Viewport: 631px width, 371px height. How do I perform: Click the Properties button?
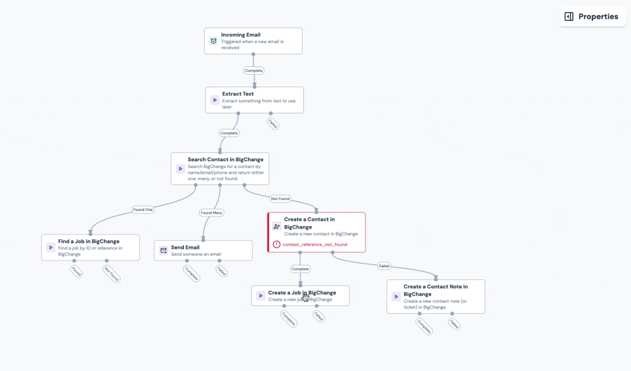592,16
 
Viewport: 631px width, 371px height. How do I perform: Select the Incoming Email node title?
241,35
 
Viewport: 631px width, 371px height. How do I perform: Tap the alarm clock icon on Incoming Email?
213,41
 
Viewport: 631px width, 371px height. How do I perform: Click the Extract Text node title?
238,94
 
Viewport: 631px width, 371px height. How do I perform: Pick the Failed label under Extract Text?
273,124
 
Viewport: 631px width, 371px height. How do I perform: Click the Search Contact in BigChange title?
225,160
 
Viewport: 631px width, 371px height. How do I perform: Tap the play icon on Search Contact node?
180,168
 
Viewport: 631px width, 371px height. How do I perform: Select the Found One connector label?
143,210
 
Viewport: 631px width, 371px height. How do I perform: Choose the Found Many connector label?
212,213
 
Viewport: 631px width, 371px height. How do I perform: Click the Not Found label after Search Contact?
280,199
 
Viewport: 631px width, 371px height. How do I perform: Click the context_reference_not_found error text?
315,244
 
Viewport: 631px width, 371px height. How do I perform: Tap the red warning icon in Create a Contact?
277,244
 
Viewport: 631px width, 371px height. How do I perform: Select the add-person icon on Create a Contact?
277,226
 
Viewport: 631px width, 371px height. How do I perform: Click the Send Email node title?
185,247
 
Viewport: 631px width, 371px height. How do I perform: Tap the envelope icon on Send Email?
163,250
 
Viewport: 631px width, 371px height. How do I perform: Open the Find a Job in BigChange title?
89,241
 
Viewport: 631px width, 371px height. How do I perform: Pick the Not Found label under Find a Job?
111,274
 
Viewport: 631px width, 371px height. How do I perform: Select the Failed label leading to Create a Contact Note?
384,266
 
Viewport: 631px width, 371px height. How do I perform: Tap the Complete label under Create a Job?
288,318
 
